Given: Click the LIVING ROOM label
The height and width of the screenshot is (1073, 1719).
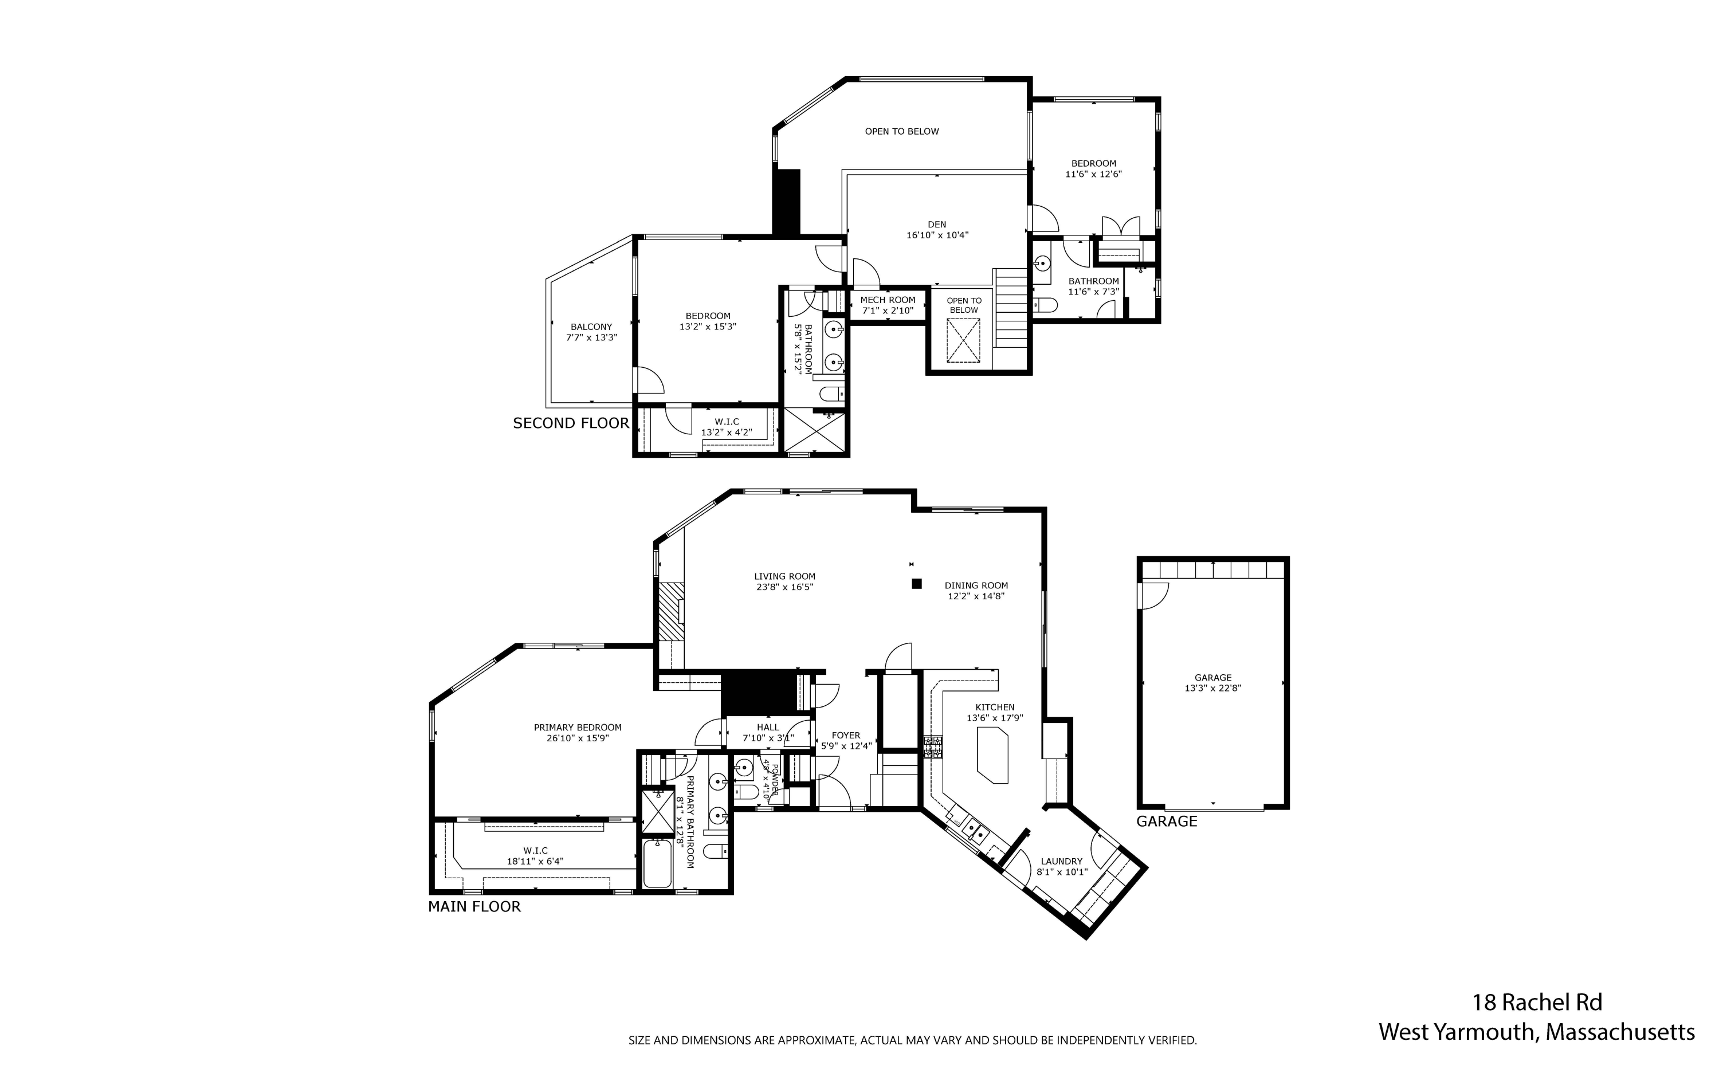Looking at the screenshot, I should coord(784,576).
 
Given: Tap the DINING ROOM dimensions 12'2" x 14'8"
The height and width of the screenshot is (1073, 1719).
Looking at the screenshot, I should coord(976,597).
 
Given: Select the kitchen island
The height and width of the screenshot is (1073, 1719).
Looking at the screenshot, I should coord(992,758).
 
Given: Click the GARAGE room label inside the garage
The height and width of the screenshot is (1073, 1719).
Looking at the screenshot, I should coord(1212,677).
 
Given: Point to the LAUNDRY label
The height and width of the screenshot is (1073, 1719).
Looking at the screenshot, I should coord(1062,862).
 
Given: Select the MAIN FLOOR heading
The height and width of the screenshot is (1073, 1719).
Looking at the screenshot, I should coord(474,906).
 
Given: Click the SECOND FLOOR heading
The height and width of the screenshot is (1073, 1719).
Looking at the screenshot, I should coord(571,423).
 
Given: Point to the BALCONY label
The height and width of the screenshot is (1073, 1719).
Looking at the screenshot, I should coord(591,327).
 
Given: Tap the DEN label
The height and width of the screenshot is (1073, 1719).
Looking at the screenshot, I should coord(937,224).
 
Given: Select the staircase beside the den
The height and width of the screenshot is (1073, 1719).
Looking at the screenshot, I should coord(1011,308).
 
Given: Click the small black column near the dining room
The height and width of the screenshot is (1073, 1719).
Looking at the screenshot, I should coord(916,583).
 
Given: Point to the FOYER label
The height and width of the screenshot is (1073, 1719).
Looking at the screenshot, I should coord(845,735).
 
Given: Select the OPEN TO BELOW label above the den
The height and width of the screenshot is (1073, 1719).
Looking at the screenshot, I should coord(901,131).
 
